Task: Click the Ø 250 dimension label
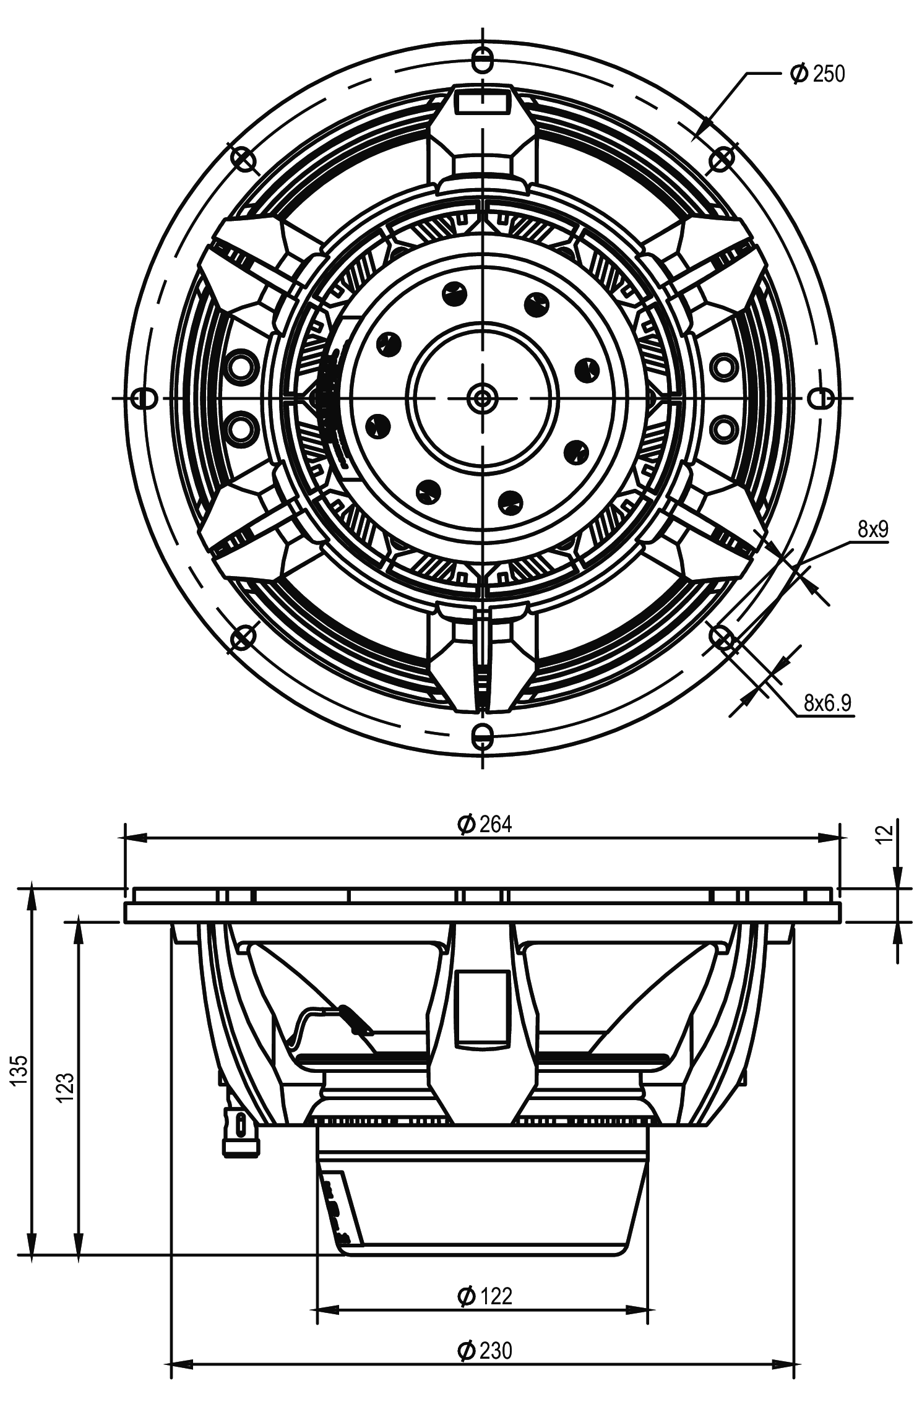(x=817, y=74)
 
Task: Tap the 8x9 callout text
(x=873, y=529)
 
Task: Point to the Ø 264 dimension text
(x=485, y=824)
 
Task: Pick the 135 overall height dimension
(x=20, y=1069)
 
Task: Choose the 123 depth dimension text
(x=66, y=1086)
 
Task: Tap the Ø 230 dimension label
(x=485, y=1350)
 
